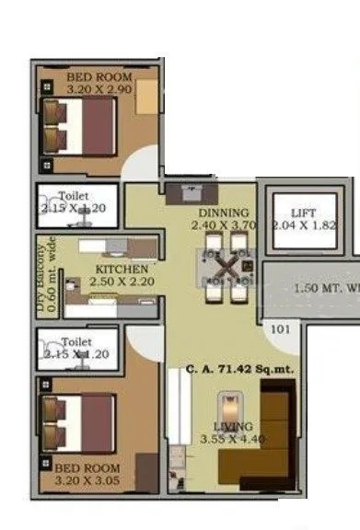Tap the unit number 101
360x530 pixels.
279,327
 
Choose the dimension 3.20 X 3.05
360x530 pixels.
86,479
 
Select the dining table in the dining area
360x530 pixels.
224,270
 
